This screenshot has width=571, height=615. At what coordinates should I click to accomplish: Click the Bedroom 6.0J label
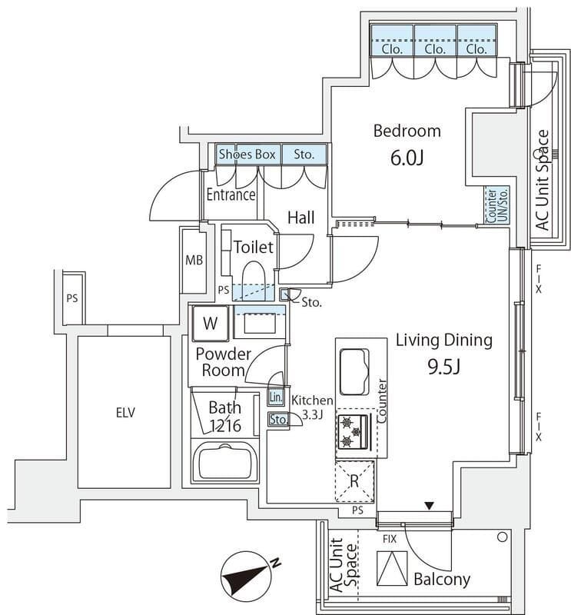point(407,144)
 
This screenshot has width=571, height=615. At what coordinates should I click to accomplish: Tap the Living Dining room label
point(443,352)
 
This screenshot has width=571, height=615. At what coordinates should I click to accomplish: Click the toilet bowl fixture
point(253,276)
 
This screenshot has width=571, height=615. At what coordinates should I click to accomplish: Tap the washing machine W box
point(210,324)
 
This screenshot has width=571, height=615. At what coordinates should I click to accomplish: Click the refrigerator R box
point(355,481)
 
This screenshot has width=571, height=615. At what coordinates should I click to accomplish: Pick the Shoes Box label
point(247,155)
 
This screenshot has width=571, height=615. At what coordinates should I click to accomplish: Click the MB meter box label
point(194,260)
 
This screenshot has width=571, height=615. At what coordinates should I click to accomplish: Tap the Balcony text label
point(441,580)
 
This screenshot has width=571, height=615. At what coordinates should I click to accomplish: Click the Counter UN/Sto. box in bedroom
point(496,206)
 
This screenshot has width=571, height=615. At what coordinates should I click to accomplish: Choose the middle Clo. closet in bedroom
point(435,48)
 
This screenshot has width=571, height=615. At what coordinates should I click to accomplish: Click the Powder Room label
point(223,362)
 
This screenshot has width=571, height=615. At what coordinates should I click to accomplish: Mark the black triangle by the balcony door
point(430,506)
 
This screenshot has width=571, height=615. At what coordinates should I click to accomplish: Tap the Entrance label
point(231,194)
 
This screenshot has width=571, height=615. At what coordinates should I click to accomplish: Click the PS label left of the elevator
point(71,298)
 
